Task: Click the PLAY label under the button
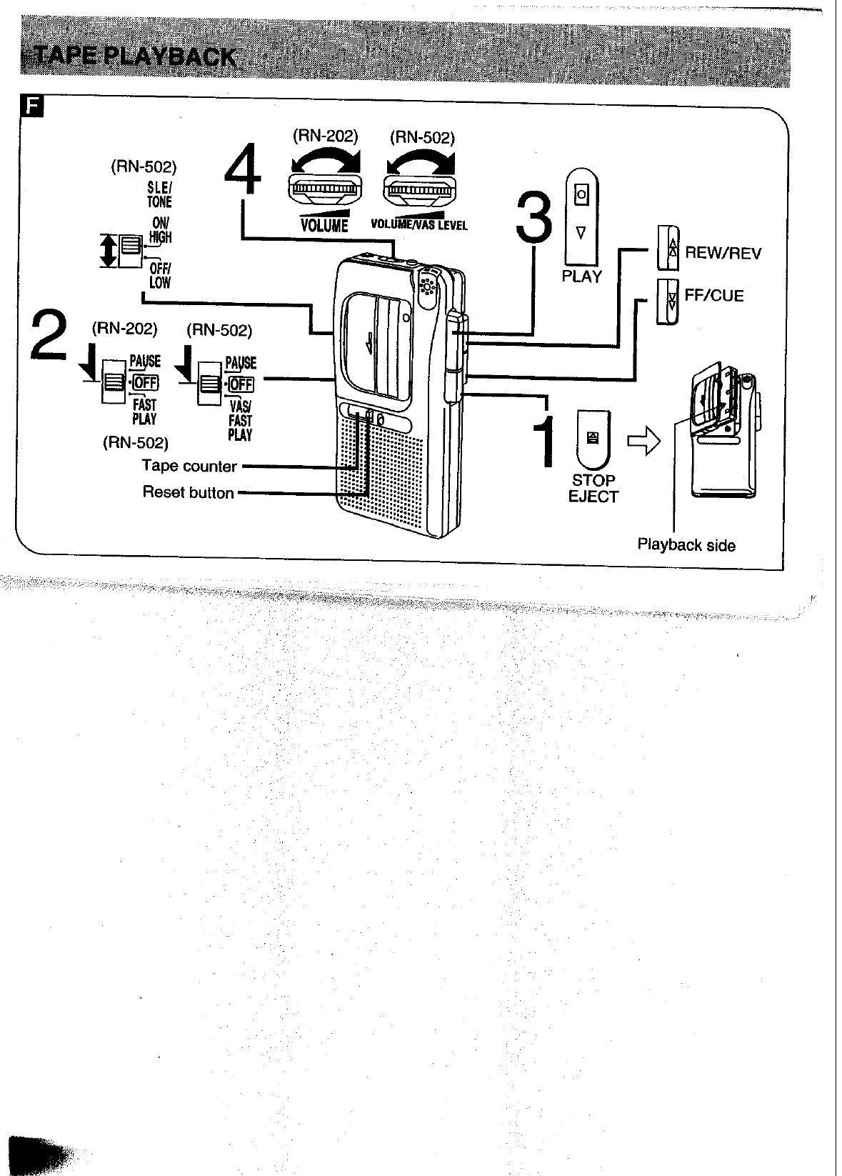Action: [581, 276]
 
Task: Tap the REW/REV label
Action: [723, 254]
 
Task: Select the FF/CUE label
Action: [713, 296]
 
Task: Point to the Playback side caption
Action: [686, 545]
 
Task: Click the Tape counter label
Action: [189, 467]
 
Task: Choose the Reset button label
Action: [188, 493]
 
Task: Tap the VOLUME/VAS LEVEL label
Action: [419, 225]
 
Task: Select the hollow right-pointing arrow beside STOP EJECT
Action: [643, 444]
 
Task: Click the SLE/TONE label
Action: [159, 194]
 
